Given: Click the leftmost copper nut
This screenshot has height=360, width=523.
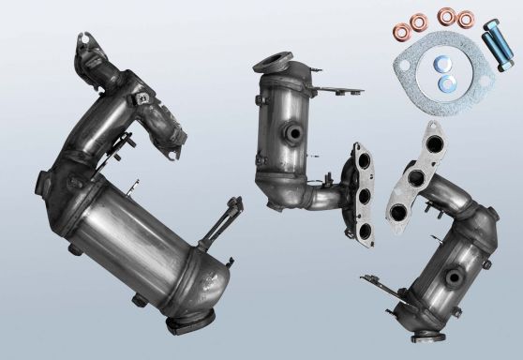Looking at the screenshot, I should [x=402, y=32].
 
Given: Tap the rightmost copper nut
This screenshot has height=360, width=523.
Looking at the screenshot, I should [x=466, y=20].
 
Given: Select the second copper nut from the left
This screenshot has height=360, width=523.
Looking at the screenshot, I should [x=419, y=22].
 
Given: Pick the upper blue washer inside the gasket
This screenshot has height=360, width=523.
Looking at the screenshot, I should [x=442, y=64].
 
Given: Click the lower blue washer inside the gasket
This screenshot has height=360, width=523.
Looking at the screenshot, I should [x=446, y=83].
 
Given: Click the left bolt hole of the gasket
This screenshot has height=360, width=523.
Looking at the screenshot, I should [x=404, y=66].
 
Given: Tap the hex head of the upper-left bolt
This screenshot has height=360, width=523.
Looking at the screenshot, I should [x=491, y=25].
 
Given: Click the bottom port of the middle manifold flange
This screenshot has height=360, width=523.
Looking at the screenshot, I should [x=365, y=230].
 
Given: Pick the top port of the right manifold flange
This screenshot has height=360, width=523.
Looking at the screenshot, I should [x=435, y=143].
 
